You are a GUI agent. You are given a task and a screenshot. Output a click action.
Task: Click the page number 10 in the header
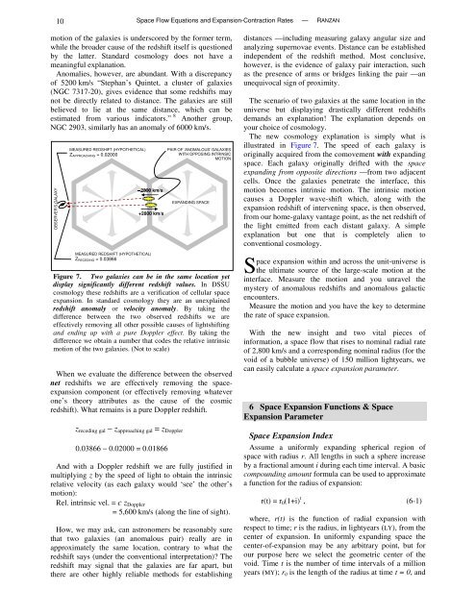(x=34, y=18)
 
